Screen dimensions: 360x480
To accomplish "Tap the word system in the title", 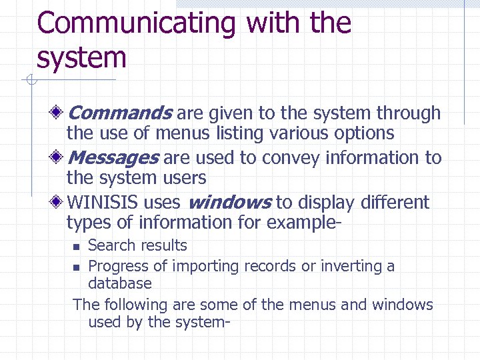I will tap(81, 57).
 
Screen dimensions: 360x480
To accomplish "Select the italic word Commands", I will tap(120, 113).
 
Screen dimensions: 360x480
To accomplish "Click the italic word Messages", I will tap(113, 158).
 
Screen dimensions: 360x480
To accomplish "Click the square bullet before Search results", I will tap(76, 247).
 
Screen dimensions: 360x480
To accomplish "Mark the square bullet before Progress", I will tap(76, 267).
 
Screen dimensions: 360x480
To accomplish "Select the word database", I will tap(120, 283).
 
